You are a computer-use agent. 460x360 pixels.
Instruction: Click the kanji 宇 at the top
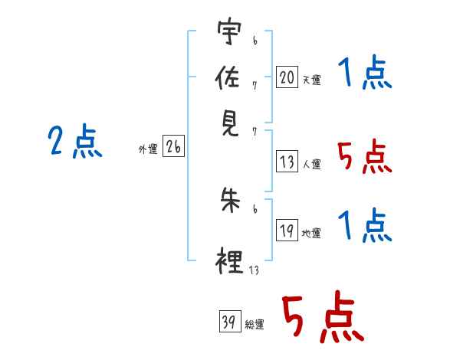[x=229, y=31]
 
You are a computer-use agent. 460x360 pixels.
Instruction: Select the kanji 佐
[x=228, y=77]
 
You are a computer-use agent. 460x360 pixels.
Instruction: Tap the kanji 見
[x=230, y=123]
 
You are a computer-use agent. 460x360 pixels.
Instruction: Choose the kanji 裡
[x=229, y=261]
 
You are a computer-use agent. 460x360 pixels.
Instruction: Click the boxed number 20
[x=287, y=77]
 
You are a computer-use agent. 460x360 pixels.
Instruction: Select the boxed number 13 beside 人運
[x=287, y=162]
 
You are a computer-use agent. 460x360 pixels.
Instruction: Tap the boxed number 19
[x=287, y=230]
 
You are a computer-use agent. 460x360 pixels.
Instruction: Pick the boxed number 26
[x=173, y=146]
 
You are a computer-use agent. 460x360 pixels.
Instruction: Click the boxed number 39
[x=230, y=321]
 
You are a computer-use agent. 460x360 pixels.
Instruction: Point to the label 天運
[x=312, y=80]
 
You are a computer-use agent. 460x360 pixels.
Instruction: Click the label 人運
[x=312, y=164]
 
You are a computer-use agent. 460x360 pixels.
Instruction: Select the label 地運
[x=311, y=233]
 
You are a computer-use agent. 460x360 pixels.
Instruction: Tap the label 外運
[x=148, y=149]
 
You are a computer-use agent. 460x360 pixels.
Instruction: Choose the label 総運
[x=255, y=324]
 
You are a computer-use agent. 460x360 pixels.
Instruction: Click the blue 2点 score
[x=75, y=141]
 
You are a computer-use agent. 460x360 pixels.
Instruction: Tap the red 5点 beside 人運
[x=365, y=157]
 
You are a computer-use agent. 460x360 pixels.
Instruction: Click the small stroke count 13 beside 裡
[x=254, y=270]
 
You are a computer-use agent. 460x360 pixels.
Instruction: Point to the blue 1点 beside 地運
[x=365, y=225]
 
